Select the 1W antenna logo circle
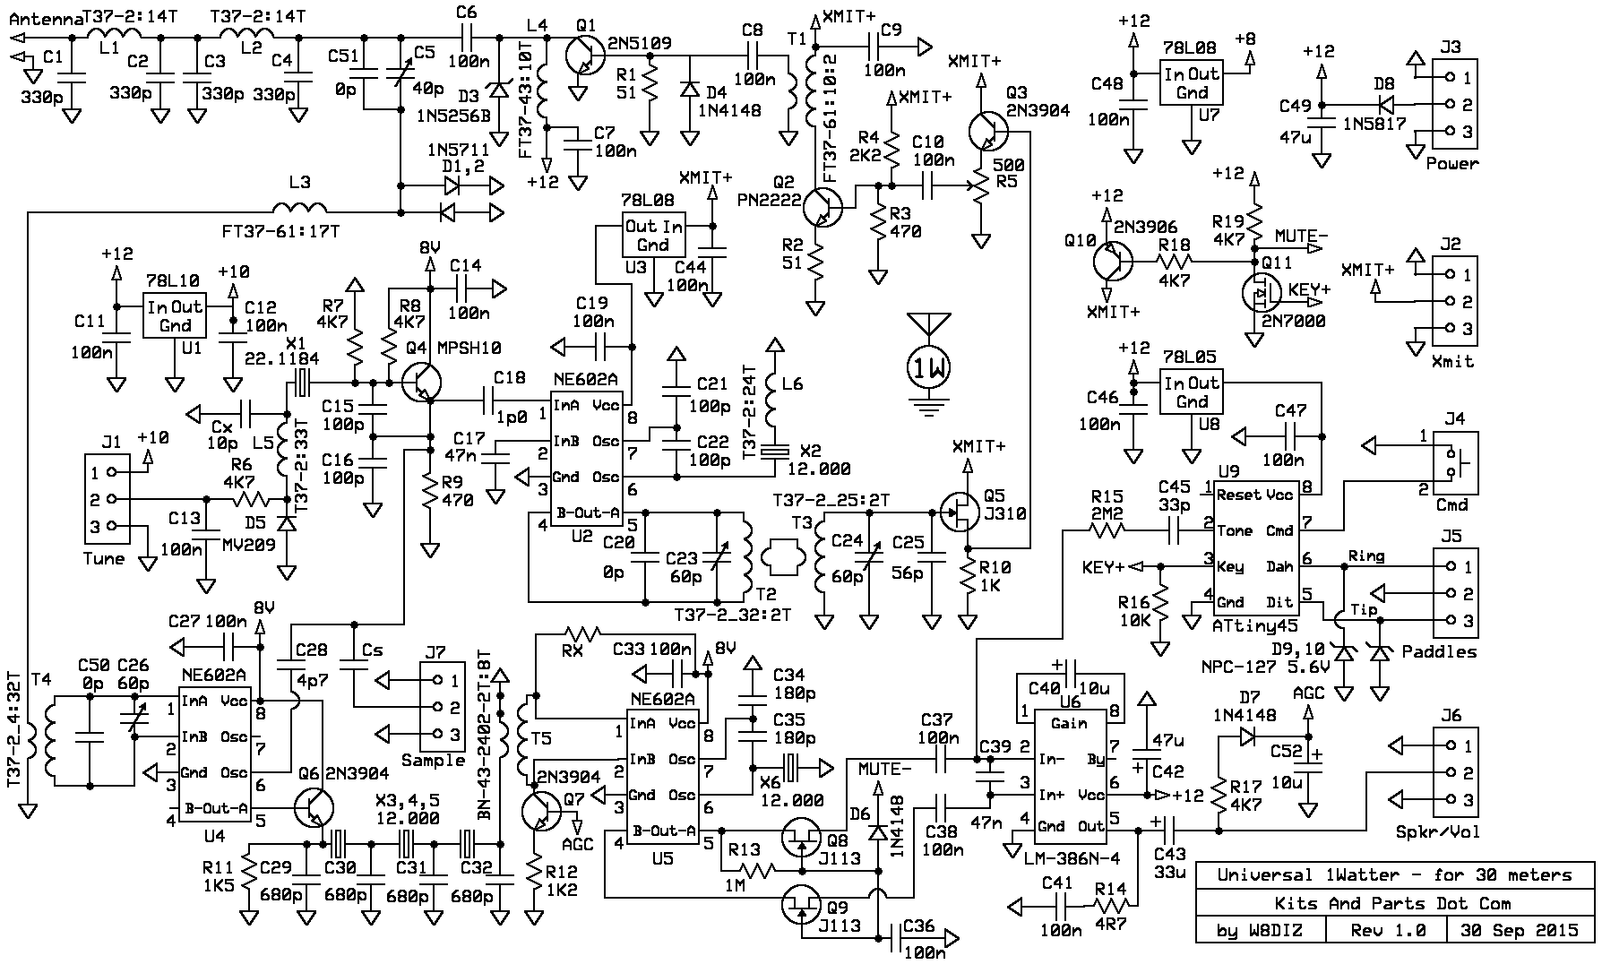[x=928, y=366]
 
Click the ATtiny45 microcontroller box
[x=1255, y=548]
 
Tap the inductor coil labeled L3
[x=302, y=205]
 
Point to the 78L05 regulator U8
[x=1192, y=393]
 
